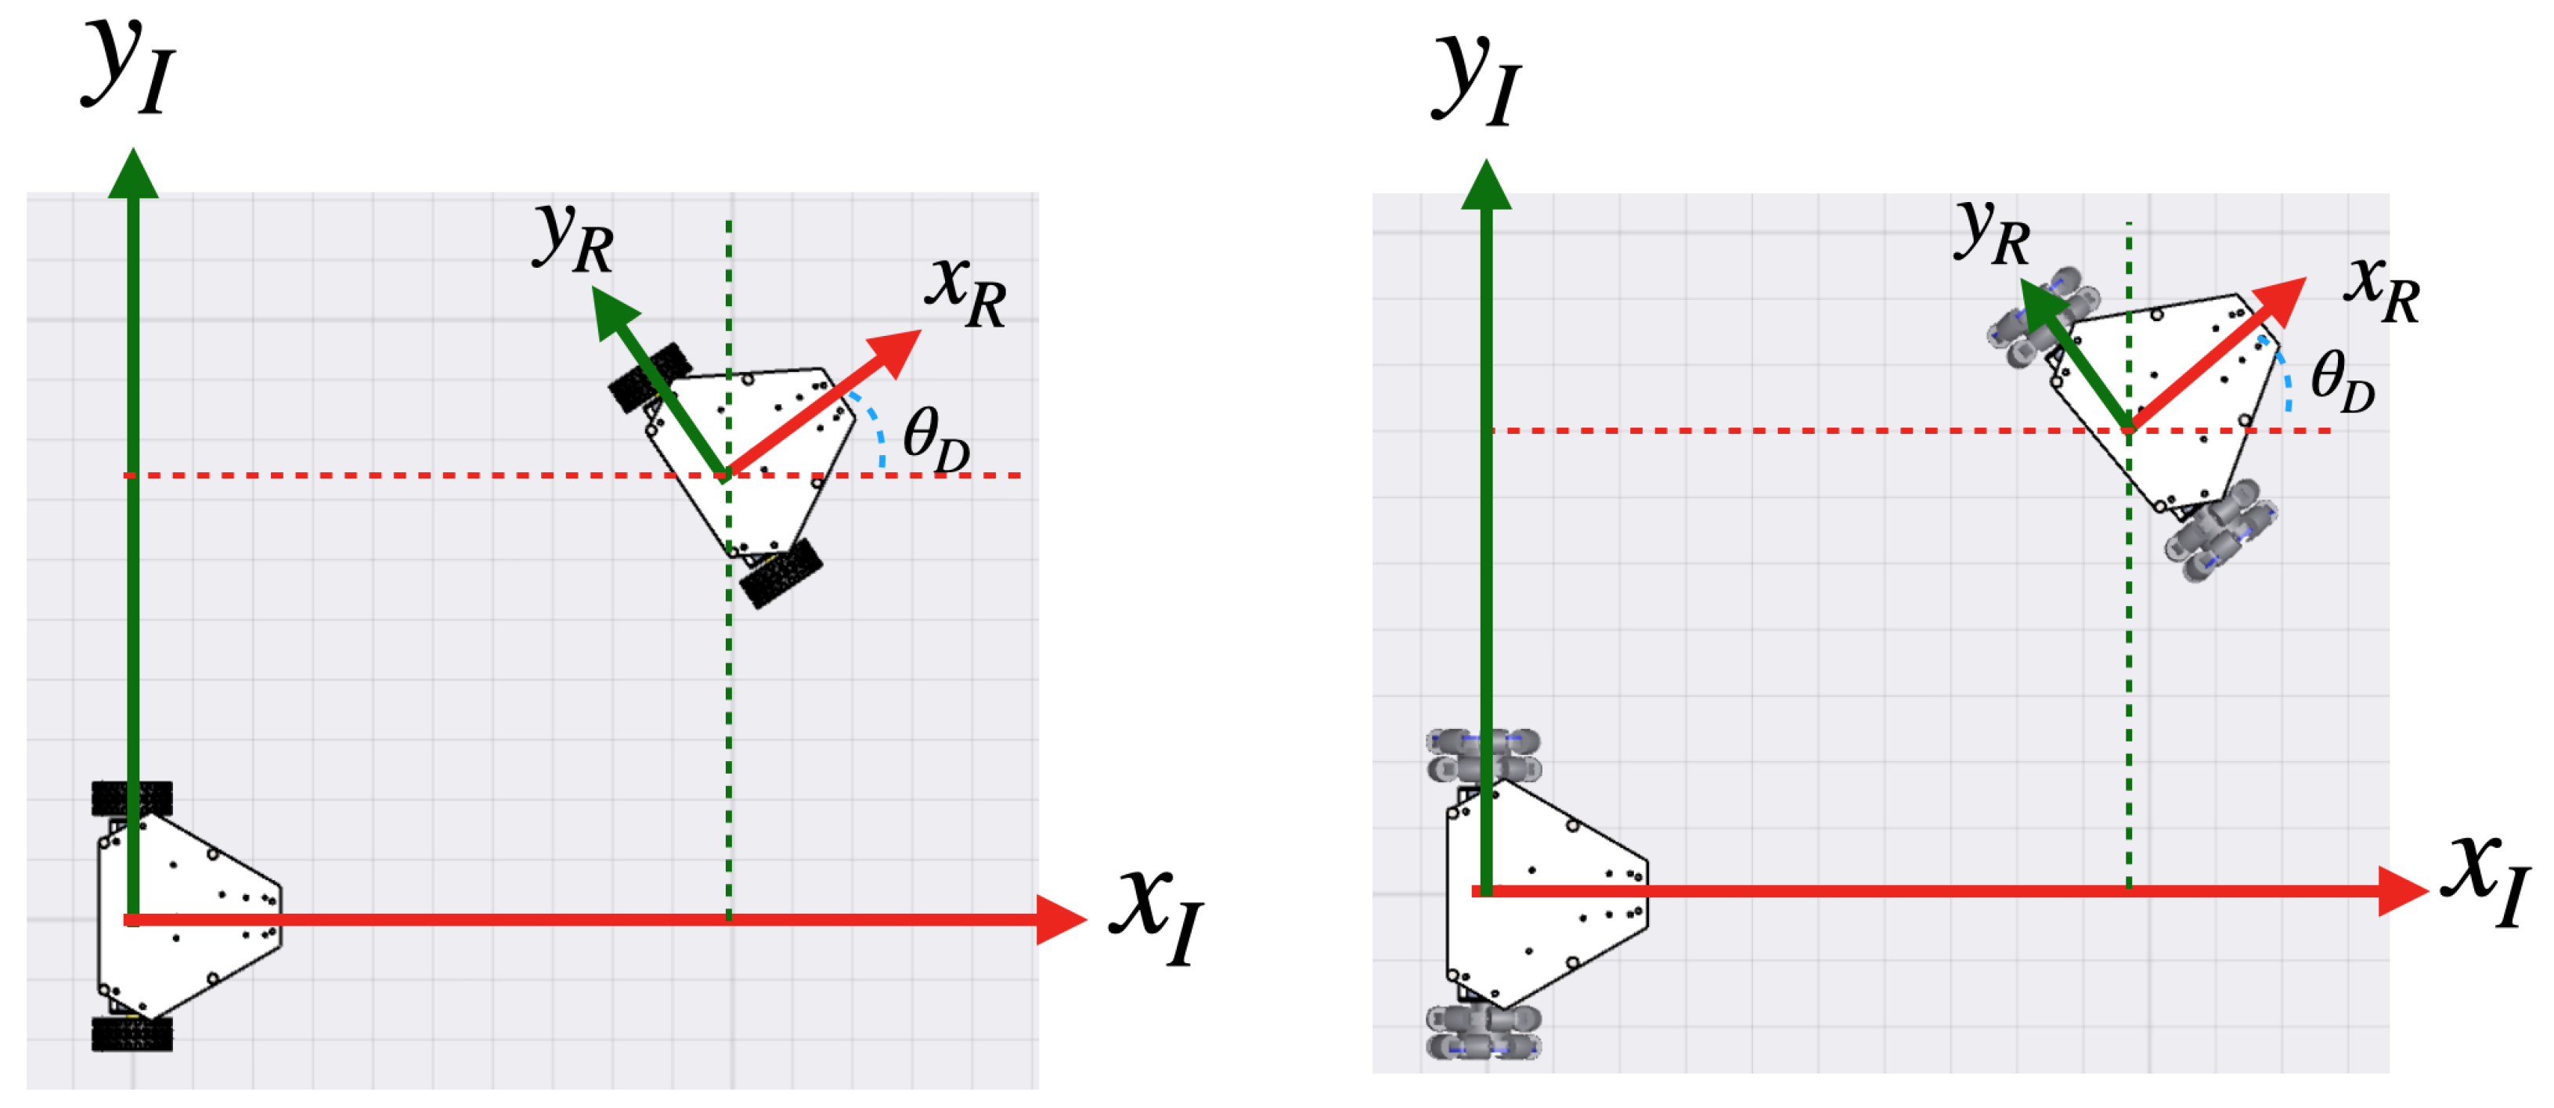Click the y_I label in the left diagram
tap(127, 67)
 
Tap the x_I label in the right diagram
tap(2488, 878)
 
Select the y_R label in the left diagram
tap(573, 237)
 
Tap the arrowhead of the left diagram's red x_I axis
tap(1060, 919)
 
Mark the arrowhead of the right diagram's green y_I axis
tap(1485, 185)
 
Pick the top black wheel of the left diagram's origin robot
tap(132, 799)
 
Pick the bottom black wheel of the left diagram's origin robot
tap(132, 1034)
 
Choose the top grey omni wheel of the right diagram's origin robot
tap(1483, 756)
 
